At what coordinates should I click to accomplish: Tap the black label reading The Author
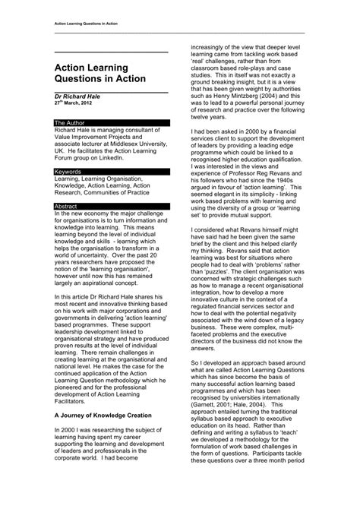point(69,122)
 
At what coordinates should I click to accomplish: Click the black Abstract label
point(67,206)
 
